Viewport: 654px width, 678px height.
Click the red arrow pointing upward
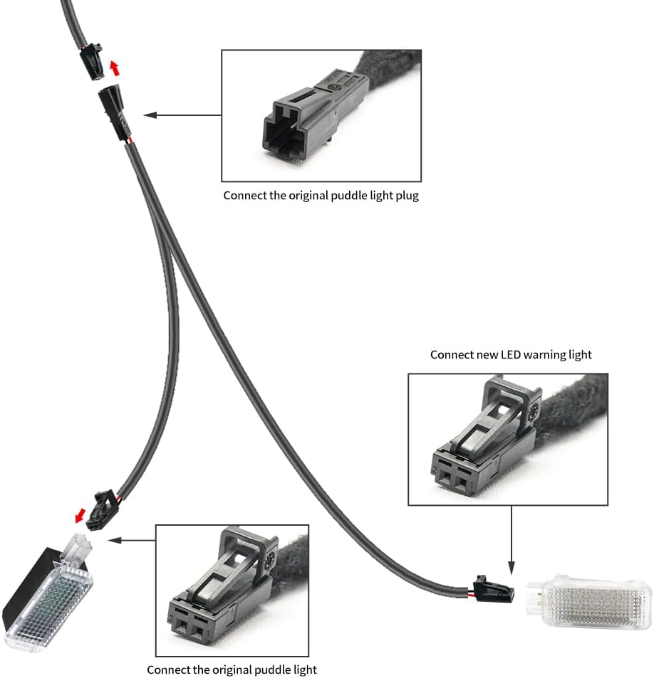click(114, 68)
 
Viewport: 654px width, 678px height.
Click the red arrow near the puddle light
click(80, 515)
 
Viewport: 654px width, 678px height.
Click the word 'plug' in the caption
click(407, 196)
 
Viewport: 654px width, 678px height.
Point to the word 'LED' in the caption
click(511, 354)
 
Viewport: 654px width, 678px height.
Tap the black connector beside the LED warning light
click(494, 589)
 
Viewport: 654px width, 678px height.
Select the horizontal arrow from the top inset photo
click(182, 115)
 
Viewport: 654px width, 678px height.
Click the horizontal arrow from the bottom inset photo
click(132, 540)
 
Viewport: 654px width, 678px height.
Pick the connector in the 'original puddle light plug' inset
click(316, 115)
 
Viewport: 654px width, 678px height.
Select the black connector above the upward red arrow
click(91, 61)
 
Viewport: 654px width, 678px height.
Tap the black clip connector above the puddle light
click(103, 509)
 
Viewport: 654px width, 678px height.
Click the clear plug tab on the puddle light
click(78, 549)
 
